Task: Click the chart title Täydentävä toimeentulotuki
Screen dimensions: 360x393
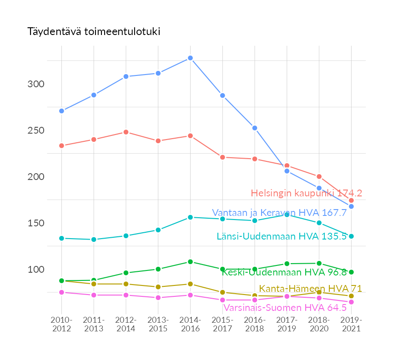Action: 94,32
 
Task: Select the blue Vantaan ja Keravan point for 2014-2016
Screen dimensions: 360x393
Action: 190,58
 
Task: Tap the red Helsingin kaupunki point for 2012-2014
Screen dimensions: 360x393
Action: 126,132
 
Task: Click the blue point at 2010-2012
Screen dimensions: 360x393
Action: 61,111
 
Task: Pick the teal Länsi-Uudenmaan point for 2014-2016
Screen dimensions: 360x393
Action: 190,217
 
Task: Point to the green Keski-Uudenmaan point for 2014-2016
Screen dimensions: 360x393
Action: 190,262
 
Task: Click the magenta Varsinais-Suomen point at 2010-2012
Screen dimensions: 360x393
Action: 61,292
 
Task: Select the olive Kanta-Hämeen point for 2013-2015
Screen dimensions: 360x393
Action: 158,287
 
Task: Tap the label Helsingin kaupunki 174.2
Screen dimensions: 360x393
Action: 306,193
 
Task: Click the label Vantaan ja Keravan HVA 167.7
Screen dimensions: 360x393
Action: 279,213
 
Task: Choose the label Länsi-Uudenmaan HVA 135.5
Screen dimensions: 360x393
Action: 282,236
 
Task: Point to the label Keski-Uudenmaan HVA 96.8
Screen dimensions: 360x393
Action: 284,272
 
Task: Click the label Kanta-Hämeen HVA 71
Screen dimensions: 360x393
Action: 310,289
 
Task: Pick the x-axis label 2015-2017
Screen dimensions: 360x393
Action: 222,325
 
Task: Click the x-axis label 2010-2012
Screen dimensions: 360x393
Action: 61,325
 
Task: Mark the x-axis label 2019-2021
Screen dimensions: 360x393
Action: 351,325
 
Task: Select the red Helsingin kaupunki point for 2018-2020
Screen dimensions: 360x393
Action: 319,176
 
